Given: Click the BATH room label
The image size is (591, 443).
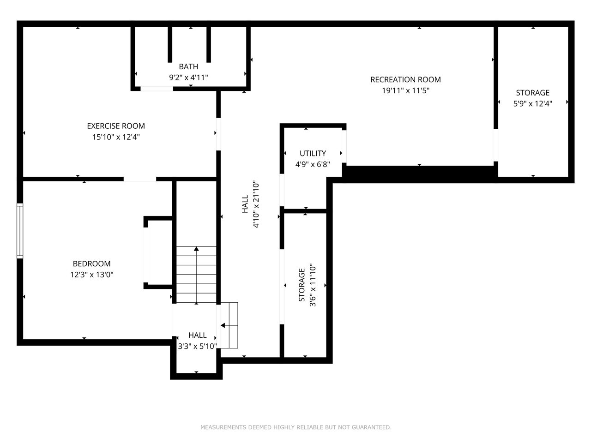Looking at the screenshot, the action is pos(188,66).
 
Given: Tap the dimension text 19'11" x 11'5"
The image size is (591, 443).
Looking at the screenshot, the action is pos(405,90).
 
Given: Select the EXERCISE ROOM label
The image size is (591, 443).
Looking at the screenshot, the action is pos(116,126).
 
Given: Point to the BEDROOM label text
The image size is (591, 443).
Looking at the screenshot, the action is pos(91,263).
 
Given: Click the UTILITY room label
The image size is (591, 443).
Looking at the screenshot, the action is pos(313,153).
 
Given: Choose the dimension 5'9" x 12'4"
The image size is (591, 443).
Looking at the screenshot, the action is pos(532,104).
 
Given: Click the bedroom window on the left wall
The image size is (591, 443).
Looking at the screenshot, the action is pos(20,231).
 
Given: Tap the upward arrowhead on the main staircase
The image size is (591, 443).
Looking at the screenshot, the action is pos(196,249).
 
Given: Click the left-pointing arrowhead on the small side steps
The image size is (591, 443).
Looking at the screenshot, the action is pos(223,325).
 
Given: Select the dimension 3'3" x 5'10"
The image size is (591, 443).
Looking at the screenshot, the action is pos(197,346).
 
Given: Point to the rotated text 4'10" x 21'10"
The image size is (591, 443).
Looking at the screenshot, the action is pos(256,204).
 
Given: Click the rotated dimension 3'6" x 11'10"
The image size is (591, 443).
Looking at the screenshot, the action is pos(313,285).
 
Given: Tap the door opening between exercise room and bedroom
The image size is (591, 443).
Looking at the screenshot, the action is pos(140,179).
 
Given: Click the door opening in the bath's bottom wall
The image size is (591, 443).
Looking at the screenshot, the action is pos(157,89).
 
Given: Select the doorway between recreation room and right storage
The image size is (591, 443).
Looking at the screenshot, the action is pos(496,145).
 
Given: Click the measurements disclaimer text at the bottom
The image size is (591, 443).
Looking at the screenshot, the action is pos(296,427).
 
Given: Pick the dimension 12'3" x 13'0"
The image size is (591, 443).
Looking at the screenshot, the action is pos(91,275).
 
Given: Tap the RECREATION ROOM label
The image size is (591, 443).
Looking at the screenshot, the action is pos(405,80).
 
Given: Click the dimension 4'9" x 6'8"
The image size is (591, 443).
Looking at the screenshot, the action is pos(313,164).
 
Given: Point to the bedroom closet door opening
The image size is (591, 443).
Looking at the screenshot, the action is pos(145,255).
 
